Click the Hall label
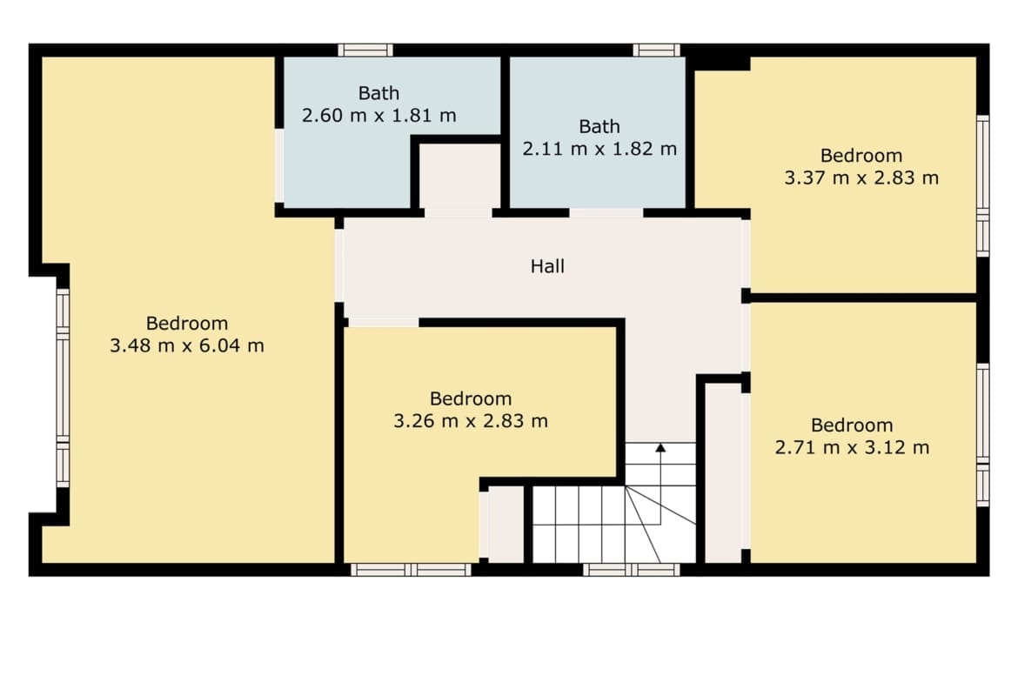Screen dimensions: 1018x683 tap(547, 266)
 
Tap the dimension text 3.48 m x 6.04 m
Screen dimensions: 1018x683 tap(187, 345)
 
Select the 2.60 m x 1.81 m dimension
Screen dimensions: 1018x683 tap(379, 116)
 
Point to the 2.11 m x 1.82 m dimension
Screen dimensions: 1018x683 tap(599, 149)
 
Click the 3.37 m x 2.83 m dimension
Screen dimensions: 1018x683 tap(861, 177)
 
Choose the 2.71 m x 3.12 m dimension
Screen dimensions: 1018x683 tap(853, 447)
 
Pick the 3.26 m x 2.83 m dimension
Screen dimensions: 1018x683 tap(471, 421)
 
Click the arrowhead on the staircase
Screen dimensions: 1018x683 tap(660, 447)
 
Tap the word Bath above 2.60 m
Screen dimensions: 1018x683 tap(379, 93)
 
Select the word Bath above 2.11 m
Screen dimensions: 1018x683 tap(599, 127)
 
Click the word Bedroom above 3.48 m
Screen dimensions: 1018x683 tap(187, 324)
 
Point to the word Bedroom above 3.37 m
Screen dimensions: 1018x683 tap(861, 156)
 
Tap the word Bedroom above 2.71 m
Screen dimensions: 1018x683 tap(853, 425)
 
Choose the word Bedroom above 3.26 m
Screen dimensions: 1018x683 tap(471, 398)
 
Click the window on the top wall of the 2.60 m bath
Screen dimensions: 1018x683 tap(365, 50)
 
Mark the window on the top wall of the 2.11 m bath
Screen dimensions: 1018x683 tap(656, 50)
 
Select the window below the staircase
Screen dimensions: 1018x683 tap(631, 570)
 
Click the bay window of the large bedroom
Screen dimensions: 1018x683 tap(63, 388)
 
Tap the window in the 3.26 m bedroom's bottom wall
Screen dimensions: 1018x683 tap(411, 570)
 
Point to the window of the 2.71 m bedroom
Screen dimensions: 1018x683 tap(983, 435)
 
